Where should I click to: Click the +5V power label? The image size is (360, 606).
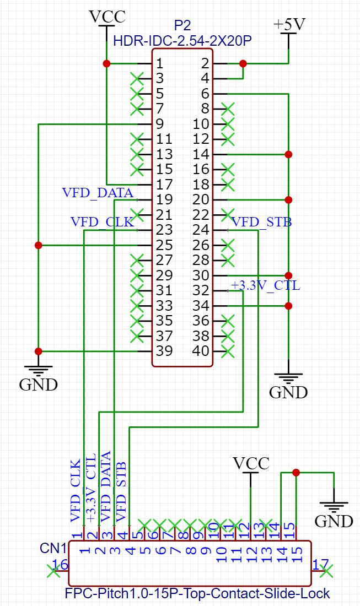point(288,25)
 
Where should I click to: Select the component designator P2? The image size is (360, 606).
point(182,25)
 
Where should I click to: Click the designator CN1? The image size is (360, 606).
point(53,549)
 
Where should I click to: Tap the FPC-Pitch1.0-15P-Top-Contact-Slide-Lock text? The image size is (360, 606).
point(197,593)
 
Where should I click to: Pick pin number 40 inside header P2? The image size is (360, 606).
point(202,351)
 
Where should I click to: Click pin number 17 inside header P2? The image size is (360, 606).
point(164,185)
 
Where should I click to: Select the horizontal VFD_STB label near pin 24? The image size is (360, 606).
point(261,223)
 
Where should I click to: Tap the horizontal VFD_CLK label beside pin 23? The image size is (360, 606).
point(103,223)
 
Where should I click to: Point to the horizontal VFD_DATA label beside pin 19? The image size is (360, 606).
point(98,193)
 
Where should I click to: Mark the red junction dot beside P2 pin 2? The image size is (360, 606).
point(243,64)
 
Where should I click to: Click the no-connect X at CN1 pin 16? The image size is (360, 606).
point(53,571)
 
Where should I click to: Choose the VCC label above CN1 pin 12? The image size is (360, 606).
point(251,463)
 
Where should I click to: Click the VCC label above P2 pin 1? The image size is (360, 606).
point(107,17)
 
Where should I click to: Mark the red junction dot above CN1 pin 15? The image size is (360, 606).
point(296,472)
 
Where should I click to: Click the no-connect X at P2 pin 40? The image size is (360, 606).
point(227,351)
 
